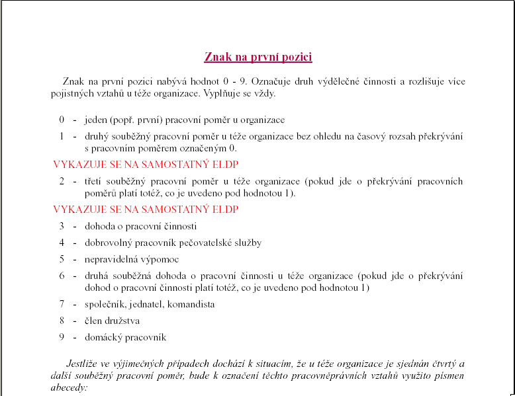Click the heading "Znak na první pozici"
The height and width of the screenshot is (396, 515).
click(x=258, y=57)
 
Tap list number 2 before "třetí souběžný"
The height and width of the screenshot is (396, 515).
click(x=62, y=181)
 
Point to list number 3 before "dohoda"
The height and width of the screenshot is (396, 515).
click(x=62, y=226)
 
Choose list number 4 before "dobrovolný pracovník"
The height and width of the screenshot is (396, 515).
click(x=62, y=243)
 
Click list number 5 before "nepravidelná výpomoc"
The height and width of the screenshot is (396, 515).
click(x=62, y=259)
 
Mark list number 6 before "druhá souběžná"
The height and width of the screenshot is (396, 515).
click(x=62, y=276)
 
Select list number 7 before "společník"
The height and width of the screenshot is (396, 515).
click(x=62, y=304)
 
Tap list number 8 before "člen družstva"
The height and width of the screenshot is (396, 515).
click(x=62, y=321)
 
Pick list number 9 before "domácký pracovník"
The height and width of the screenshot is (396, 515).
click(x=62, y=337)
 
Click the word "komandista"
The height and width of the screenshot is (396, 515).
click(x=191, y=304)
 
